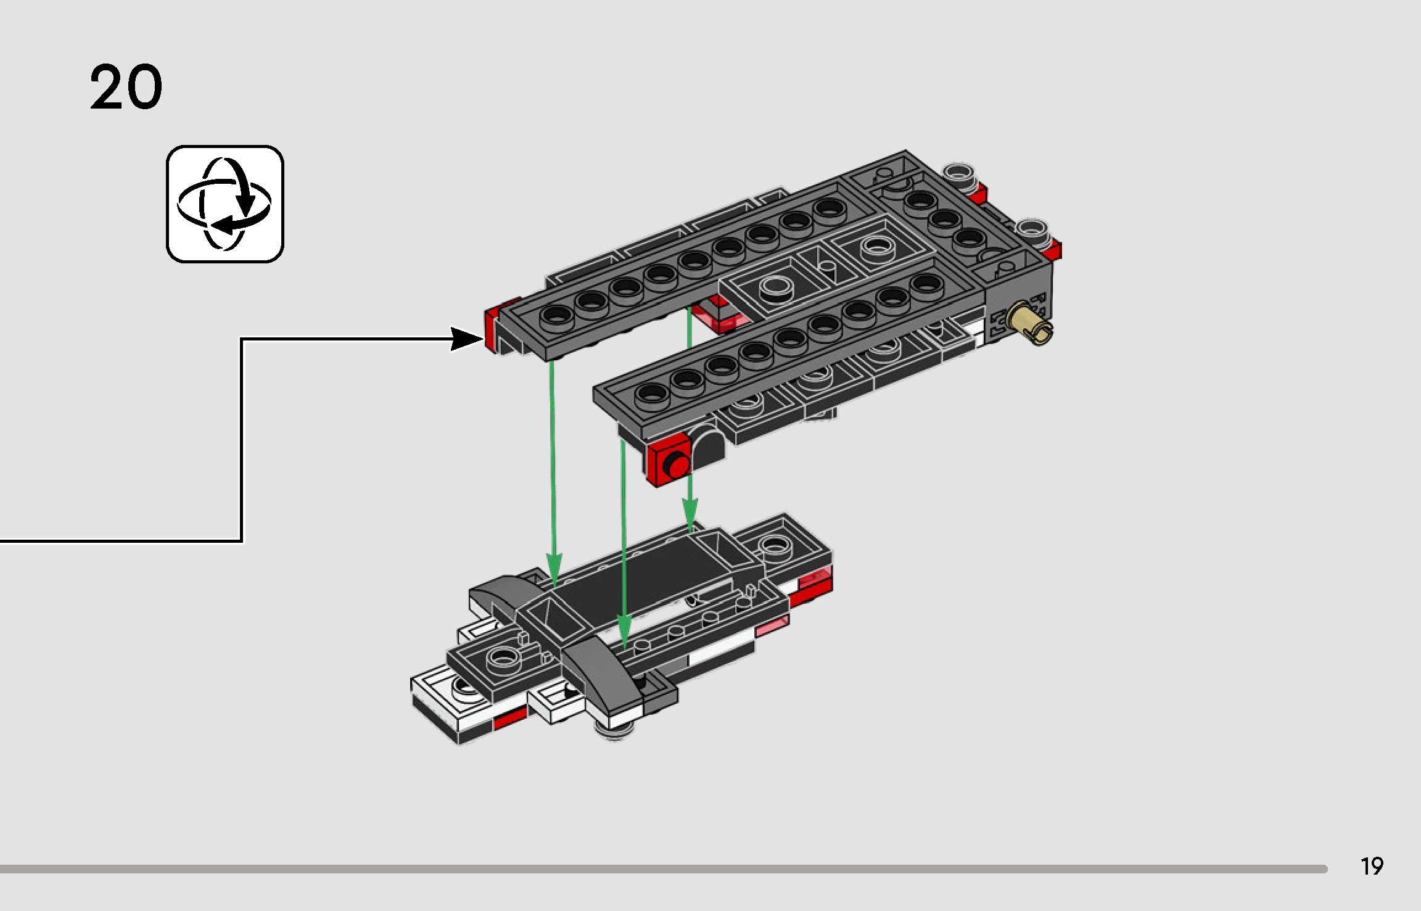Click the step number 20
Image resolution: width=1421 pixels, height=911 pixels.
coord(126,87)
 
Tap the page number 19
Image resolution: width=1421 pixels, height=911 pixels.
coord(1372,867)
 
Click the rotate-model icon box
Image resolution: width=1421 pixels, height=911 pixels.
coord(224,204)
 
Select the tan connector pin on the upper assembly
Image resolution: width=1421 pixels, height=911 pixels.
coord(1030,323)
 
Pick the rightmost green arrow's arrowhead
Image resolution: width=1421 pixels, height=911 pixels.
coord(690,513)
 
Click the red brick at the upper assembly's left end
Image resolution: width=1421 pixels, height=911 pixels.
coord(492,329)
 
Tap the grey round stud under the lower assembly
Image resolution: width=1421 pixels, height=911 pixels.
coord(614,732)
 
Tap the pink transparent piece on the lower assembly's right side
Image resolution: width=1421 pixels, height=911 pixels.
coord(771,628)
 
